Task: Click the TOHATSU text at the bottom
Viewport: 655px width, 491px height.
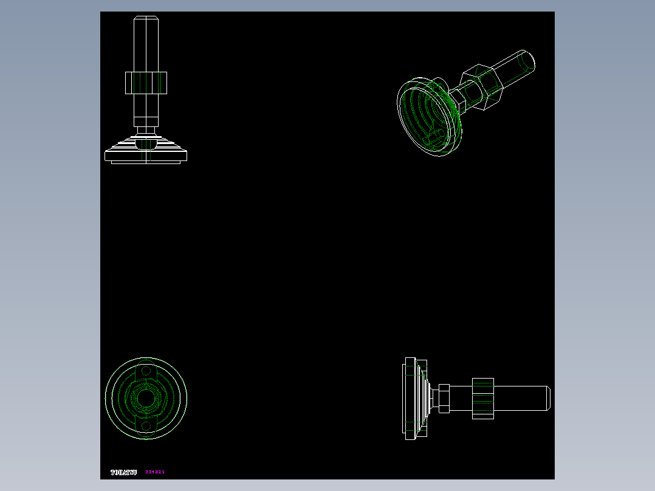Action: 123,472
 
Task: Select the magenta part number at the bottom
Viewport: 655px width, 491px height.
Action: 155,472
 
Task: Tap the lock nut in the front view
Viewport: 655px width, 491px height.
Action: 146,83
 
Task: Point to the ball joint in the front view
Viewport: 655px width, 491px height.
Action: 146,144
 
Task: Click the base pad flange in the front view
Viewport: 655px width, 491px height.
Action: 146,156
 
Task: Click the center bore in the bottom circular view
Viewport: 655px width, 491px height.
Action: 146,398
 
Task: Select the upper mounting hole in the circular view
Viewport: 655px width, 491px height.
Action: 146,371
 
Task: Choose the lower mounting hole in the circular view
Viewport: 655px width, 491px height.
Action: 146,426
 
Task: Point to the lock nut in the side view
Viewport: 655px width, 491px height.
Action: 483,398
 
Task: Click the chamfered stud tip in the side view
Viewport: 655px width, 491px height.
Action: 547,398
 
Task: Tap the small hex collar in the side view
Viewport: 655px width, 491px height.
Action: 444,398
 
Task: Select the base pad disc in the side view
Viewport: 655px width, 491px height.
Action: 410,398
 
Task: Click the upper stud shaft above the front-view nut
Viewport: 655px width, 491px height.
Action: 146,46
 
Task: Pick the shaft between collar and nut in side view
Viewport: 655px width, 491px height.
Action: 461,398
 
